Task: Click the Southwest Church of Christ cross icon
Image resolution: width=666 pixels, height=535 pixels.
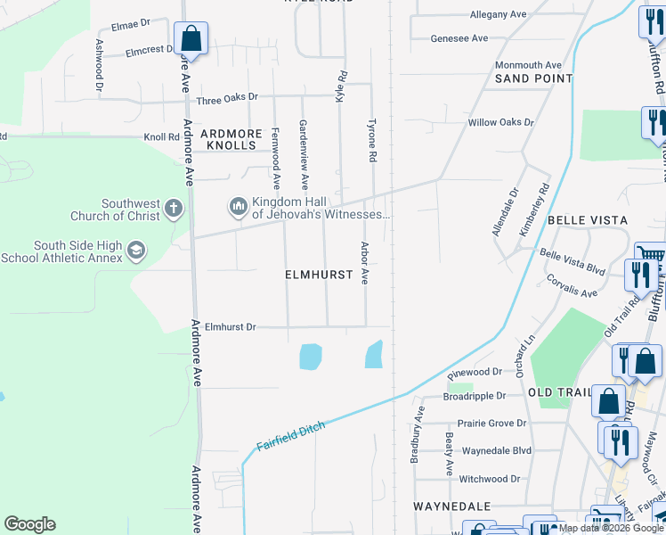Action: [x=173, y=210]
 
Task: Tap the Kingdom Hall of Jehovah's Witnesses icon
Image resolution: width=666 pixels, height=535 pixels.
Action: [x=238, y=208]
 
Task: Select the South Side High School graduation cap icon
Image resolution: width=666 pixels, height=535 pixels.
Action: [x=135, y=250]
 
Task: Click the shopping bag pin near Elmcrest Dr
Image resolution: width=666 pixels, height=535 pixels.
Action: [x=191, y=38]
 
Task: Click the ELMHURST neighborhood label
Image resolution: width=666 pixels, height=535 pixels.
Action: [x=319, y=276]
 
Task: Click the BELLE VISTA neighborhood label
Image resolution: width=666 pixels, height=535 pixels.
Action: [x=588, y=219]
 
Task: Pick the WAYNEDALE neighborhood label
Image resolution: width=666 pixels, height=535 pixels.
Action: [x=452, y=506]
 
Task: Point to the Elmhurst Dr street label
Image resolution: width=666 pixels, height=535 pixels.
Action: [x=230, y=327]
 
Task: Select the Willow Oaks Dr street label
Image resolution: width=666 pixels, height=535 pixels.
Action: [x=500, y=122]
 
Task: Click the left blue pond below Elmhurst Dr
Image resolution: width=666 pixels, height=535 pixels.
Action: [x=310, y=357]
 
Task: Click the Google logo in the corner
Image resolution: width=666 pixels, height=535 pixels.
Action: [x=29, y=524]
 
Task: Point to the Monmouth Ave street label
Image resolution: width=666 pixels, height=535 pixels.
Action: [x=528, y=65]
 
